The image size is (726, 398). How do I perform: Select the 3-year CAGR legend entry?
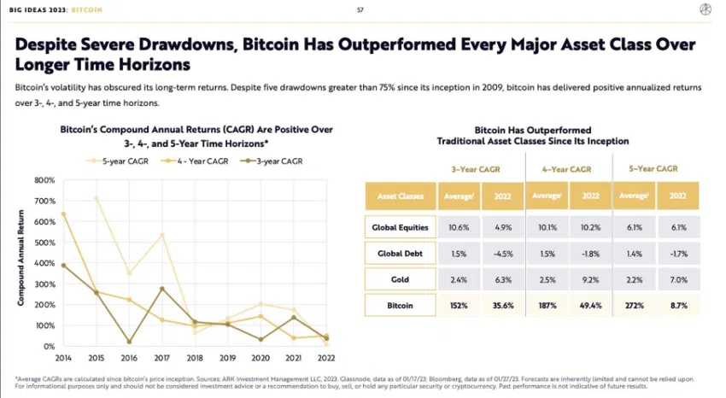[279, 160]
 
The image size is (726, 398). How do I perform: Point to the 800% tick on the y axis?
[44, 180]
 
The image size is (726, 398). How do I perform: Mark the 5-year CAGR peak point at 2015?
[96, 198]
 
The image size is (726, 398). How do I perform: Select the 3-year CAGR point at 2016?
[128, 342]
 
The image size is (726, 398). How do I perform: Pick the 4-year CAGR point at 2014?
[64, 214]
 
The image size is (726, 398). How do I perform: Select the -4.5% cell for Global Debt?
[501, 254]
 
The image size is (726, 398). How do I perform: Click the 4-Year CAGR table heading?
[566, 168]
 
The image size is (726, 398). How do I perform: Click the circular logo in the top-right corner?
[705, 9]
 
